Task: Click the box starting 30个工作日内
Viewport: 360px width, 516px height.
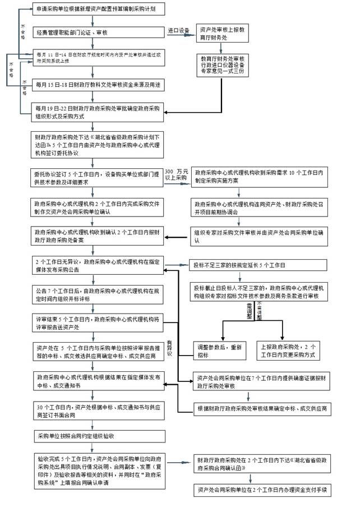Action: point(96,410)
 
